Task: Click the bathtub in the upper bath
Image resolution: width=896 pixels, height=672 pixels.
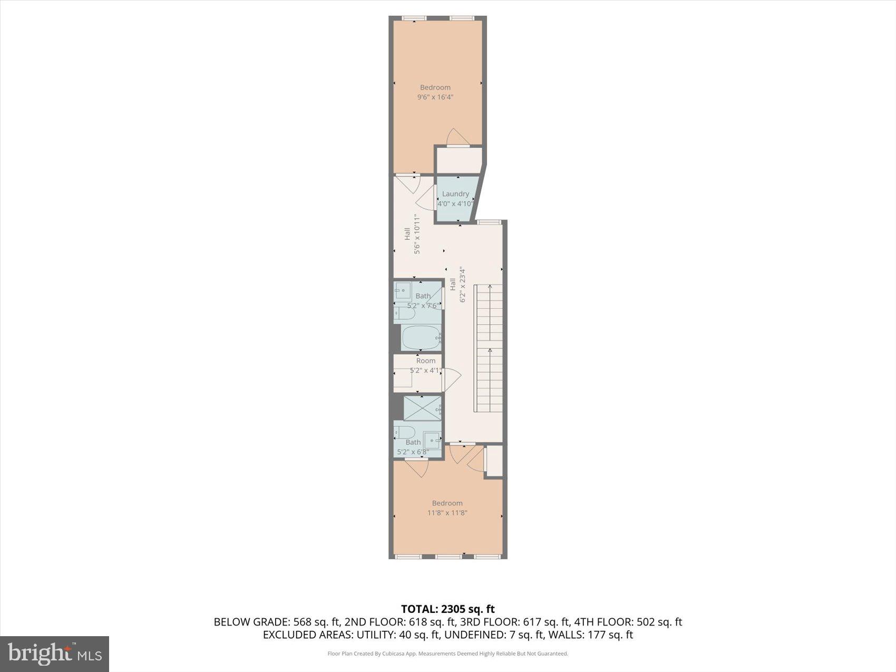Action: click(x=421, y=337)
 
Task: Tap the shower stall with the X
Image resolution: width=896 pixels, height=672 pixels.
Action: click(x=422, y=407)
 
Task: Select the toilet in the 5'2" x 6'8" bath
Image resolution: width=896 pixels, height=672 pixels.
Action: click(x=405, y=433)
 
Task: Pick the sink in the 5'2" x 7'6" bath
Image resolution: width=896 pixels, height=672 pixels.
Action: click(x=404, y=290)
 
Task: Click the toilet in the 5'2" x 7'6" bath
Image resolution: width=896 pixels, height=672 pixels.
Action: click(x=405, y=315)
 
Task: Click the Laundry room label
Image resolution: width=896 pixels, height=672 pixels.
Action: click(x=455, y=194)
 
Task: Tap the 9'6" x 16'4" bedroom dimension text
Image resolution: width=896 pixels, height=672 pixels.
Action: click(x=435, y=97)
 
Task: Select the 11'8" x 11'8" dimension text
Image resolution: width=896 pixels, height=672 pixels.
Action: click(x=447, y=513)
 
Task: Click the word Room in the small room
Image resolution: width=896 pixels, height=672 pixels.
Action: click(x=426, y=361)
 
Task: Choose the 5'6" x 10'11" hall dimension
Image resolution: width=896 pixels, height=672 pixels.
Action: click(x=417, y=234)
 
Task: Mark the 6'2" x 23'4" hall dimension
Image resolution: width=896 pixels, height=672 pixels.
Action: click(x=463, y=285)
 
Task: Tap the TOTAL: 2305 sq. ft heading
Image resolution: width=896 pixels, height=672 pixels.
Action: click(x=447, y=609)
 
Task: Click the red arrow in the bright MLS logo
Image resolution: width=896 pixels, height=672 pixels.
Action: click(x=67, y=649)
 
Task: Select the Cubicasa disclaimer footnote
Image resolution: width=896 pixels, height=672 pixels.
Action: click(x=447, y=654)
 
